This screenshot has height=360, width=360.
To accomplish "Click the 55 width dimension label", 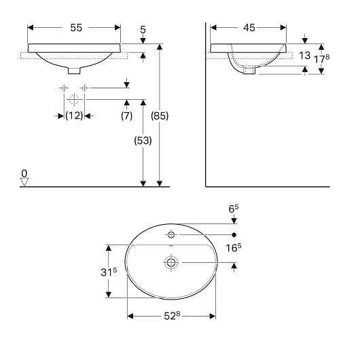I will [x=75, y=28].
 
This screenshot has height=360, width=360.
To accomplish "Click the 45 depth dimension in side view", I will [x=249, y=28].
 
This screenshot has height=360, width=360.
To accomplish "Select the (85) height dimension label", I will [x=159, y=115].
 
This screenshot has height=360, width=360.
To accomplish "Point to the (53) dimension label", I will [x=143, y=141].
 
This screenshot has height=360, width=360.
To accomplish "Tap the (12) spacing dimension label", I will [x=74, y=115].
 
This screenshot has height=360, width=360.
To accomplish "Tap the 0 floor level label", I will [x=24, y=173].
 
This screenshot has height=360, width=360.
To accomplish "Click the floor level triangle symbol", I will [x=24, y=181].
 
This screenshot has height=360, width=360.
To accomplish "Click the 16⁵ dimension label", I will [x=234, y=249].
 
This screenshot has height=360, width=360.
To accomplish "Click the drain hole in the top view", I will [x=171, y=262].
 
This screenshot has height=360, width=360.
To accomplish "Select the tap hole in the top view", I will [x=171, y=235].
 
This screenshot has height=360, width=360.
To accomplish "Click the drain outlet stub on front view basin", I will [x=73, y=70].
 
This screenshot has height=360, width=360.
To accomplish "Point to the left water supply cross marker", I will [x=63, y=88].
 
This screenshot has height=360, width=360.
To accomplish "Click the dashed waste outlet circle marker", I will [x=74, y=99].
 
